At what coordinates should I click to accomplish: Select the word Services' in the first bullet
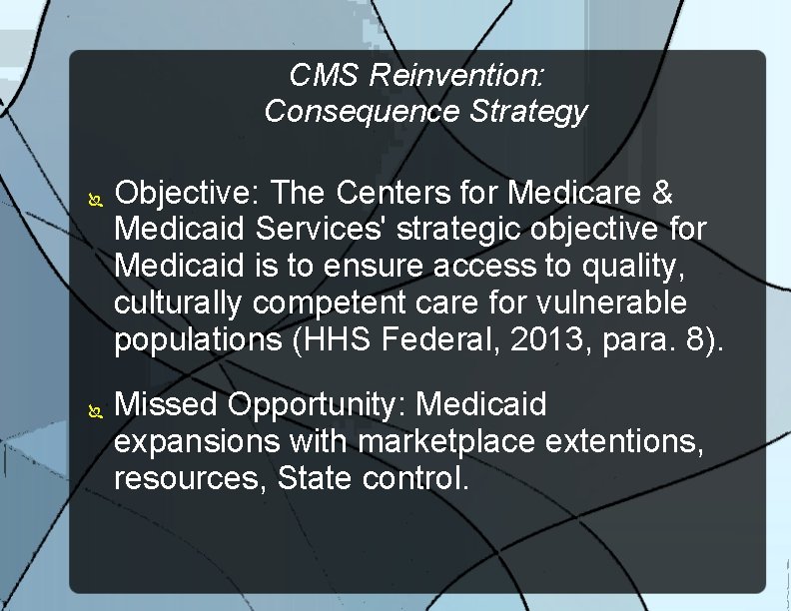[326, 229]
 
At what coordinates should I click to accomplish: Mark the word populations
[198, 340]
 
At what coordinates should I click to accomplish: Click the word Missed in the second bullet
[167, 404]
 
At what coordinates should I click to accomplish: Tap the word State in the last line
[315, 478]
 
